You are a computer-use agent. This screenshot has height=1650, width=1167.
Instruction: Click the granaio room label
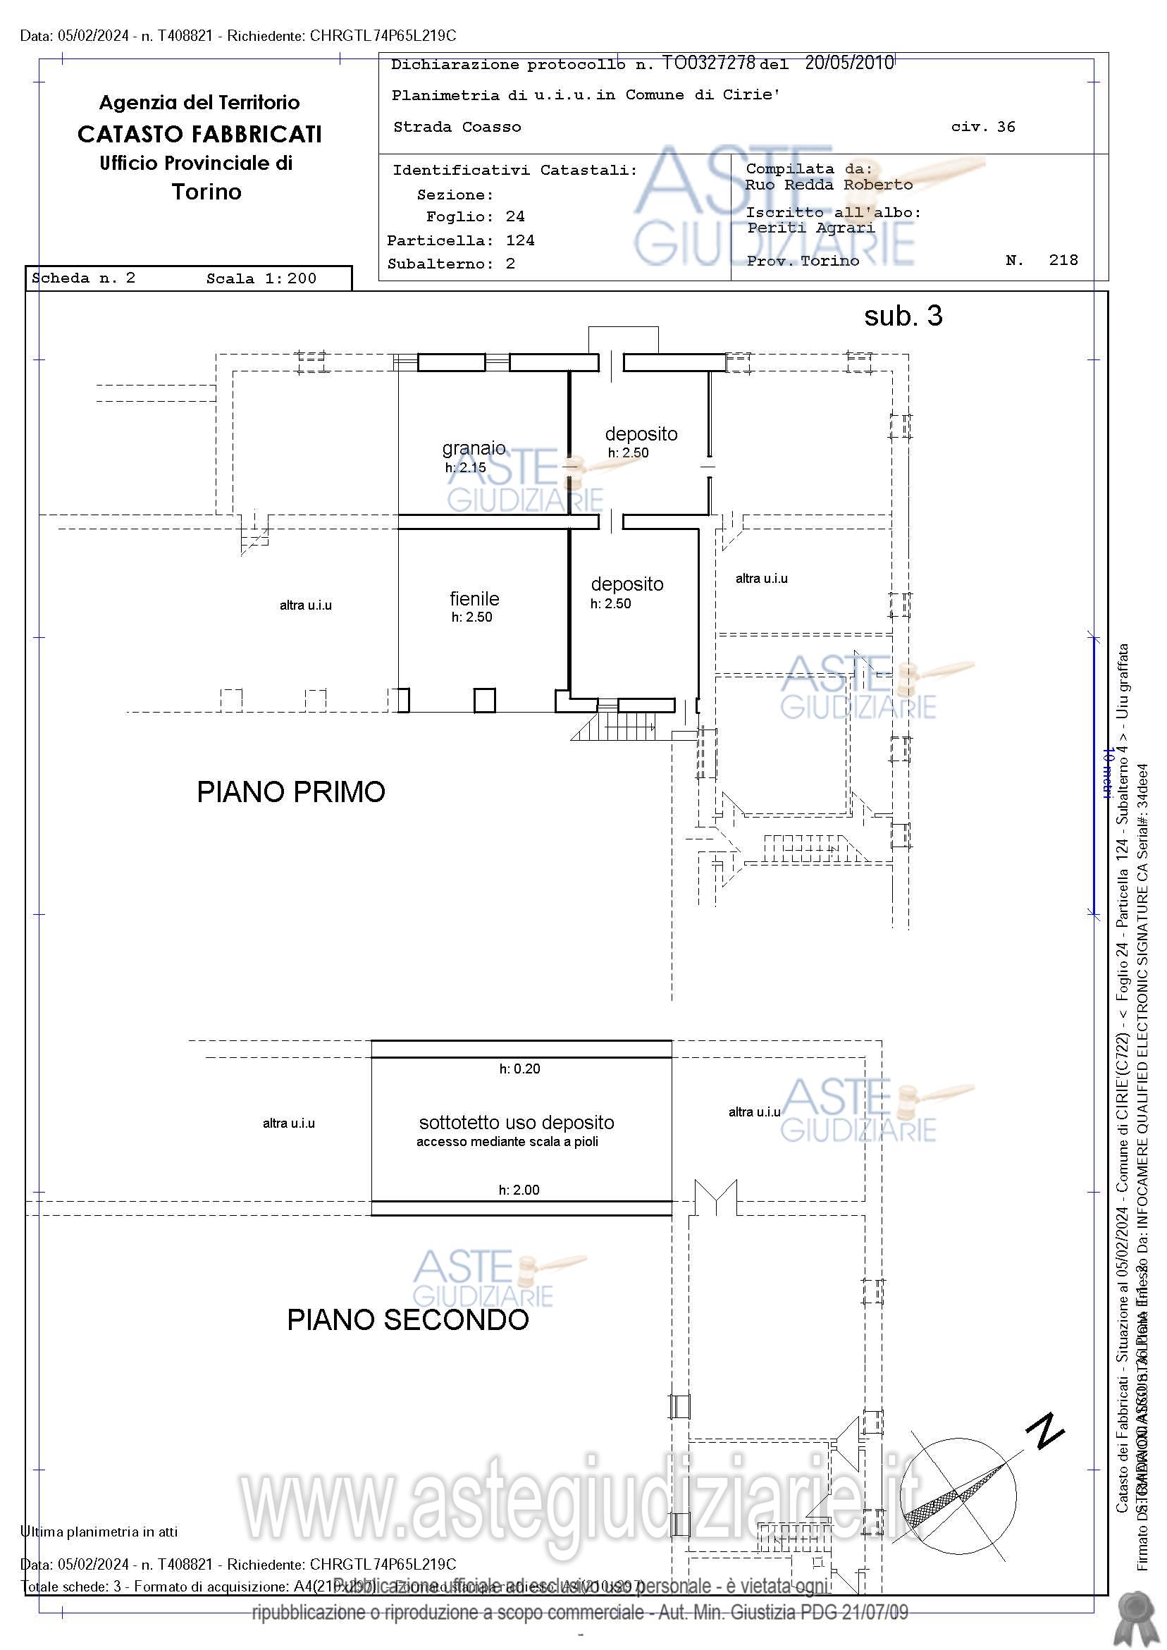474,448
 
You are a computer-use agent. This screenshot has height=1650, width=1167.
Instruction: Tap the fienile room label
474,598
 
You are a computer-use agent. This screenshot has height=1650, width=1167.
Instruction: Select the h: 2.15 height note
466,468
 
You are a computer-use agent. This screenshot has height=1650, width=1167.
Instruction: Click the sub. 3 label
903,316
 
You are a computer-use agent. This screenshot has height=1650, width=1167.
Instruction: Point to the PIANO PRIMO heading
291,792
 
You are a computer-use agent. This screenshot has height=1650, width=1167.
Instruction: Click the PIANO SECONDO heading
407,1319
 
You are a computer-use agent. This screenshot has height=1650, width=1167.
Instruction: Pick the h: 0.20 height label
519,1069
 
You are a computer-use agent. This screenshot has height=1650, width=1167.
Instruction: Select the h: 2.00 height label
519,1190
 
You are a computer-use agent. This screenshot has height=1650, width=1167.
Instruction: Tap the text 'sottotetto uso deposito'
517,1123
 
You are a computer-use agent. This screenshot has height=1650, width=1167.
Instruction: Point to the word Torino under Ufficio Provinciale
206,192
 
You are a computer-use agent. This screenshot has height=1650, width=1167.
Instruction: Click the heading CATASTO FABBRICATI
199,135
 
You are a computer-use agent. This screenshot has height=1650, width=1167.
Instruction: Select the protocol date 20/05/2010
848,63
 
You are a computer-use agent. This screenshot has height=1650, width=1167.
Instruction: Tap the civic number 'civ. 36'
982,127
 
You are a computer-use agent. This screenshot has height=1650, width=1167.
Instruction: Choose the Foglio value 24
515,216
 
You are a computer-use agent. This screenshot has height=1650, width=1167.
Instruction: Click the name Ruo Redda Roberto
829,185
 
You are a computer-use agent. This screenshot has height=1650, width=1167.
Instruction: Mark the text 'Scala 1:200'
261,279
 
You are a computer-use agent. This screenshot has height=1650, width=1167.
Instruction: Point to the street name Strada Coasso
457,127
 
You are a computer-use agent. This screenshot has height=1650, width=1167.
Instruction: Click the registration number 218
1063,260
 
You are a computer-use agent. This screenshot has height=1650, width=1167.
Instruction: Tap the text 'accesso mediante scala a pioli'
507,1142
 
